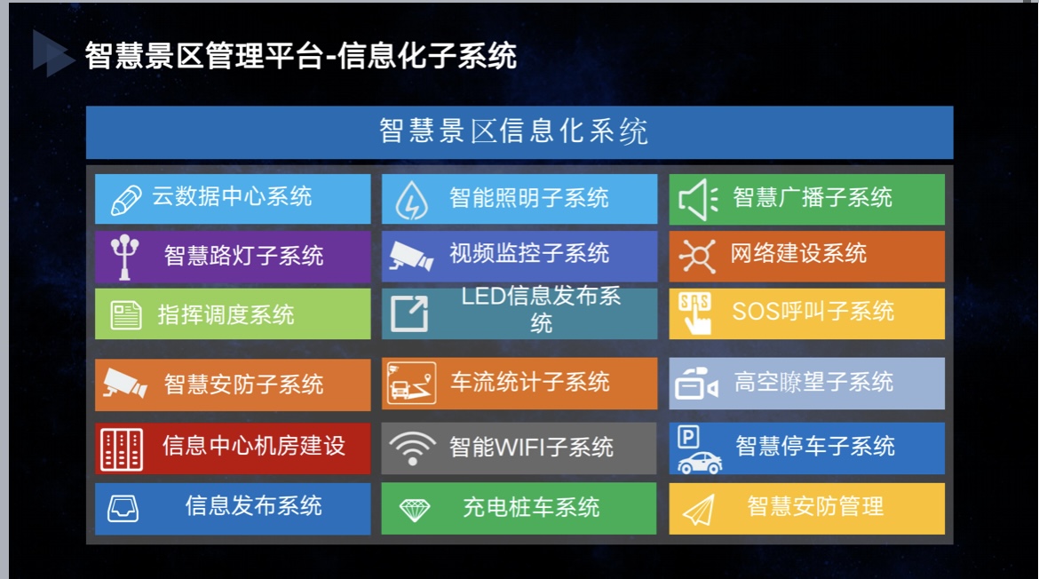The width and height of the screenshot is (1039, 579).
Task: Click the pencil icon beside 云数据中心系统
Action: click(x=126, y=200)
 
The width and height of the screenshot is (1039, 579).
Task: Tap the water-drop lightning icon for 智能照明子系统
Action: click(x=411, y=200)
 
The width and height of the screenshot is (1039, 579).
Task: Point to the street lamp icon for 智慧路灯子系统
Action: click(x=124, y=257)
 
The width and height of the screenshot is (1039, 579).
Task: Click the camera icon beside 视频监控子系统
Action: click(x=411, y=256)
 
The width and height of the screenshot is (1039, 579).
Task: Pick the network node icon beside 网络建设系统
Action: click(x=697, y=256)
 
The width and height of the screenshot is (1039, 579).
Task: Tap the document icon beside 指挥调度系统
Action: click(x=126, y=314)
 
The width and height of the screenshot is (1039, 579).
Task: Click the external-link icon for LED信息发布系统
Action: click(x=409, y=313)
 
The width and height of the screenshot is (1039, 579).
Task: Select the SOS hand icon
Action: click(x=695, y=313)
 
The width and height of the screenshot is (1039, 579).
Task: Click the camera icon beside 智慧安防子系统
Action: click(x=125, y=383)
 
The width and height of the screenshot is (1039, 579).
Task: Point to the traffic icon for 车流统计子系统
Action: click(x=411, y=383)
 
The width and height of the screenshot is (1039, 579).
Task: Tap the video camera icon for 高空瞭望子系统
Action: click(x=696, y=383)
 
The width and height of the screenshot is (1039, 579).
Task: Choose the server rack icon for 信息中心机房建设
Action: click(x=122, y=449)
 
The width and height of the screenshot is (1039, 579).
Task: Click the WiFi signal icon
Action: click(x=412, y=448)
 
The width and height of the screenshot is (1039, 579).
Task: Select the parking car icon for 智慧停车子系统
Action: click(x=699, y=450)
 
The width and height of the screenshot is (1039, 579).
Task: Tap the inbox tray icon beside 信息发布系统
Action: click(x=123, y=509)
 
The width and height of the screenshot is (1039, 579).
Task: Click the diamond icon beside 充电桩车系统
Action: click(x=415, y=510)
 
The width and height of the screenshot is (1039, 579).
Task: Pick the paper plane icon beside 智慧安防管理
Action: click(x=698, y=510)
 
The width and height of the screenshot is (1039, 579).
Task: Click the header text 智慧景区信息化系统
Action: click(x=513, y=131)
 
